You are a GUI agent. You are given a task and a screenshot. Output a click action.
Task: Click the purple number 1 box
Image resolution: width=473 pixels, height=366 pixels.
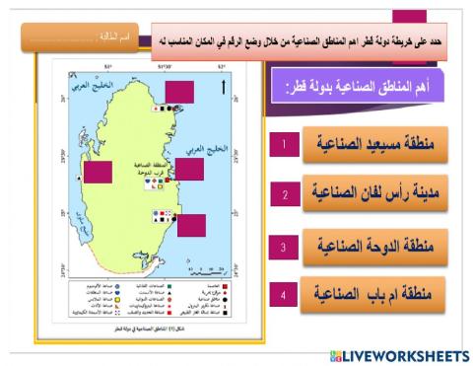[284, 145]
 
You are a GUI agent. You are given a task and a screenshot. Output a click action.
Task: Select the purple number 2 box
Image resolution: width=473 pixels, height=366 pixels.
[284, 194]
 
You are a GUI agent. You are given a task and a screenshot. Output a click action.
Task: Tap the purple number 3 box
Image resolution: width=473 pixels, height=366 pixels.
[284, 246]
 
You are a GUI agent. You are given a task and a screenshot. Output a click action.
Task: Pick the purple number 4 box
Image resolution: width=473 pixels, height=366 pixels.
[284, 294]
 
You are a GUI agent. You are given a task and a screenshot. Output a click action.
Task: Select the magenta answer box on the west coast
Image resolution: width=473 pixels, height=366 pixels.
[100, 173]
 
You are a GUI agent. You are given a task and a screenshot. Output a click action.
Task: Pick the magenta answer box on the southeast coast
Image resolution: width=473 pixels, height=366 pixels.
[190, 227]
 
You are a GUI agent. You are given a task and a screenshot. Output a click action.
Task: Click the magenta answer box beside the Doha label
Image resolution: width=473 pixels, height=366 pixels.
[190, 168]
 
